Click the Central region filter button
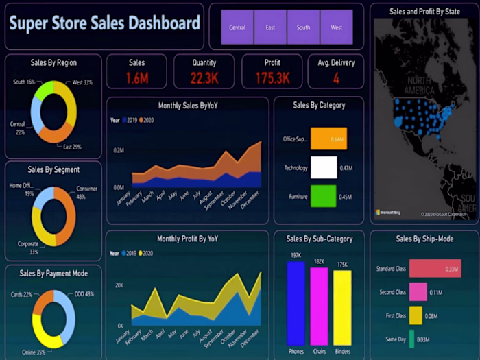[237, 27]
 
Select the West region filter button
[336, 27]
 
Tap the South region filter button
[303, 27]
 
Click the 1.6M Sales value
[136, 78]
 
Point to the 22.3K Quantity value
[204, 78]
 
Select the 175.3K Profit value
[272, 78]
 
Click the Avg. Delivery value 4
[336, 78]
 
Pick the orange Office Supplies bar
[328, 139]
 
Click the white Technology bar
[324, 167]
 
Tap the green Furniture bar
[323, 196]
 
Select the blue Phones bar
[296, 303]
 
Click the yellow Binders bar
[342, 307]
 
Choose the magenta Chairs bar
[319, 306]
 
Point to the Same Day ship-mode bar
[411, 339]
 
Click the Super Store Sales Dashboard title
[104, 24]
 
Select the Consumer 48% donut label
[86, 192]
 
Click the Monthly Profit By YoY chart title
[187, 239]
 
